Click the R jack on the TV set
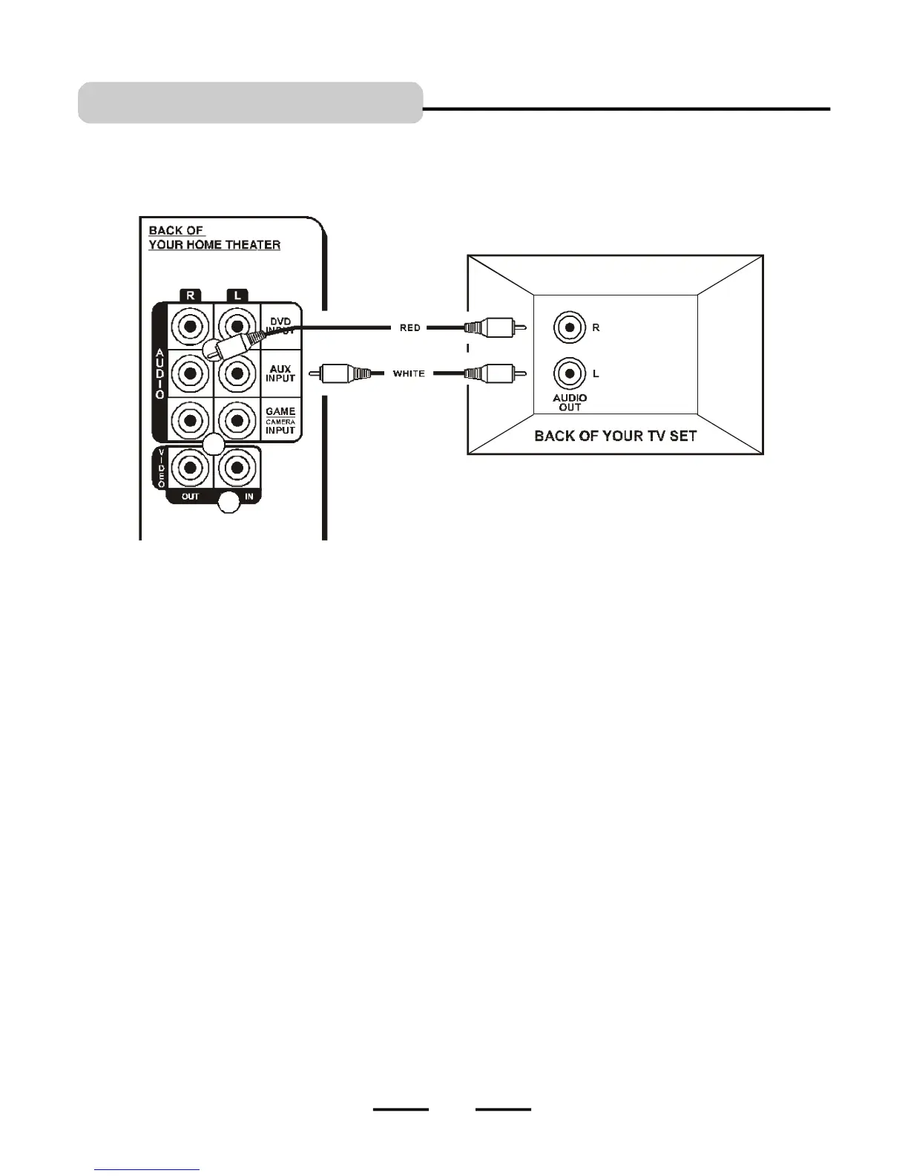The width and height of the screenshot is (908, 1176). [x=570, y=327]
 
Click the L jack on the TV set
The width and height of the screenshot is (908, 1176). [x=570, y=373]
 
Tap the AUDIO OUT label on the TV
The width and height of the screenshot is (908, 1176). [x=570, y=402]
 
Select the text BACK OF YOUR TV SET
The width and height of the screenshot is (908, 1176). [x=615, y=436]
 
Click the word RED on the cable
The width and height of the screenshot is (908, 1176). [x=410, y=327]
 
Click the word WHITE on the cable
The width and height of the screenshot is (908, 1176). [x=409, y=373]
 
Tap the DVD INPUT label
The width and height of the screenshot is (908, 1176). [x=280, y=326]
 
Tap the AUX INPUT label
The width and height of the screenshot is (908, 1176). [x=280, y=373]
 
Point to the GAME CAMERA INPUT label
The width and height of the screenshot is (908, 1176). [x=280, y=420]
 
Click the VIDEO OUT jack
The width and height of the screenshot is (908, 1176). [x=191, y=468]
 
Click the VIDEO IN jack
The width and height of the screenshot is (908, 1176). [x=237, y=468]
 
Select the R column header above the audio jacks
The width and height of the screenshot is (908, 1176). [x=191, y=295]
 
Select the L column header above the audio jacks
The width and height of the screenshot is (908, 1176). [x=237, y=295]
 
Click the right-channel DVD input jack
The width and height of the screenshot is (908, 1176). [x=191, y=326]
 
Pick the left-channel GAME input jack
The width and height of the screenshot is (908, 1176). [x=237, y=420]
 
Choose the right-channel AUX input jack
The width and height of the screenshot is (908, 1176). [x=191, y=373]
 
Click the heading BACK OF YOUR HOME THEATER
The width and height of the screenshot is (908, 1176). [x=214, y=238]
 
